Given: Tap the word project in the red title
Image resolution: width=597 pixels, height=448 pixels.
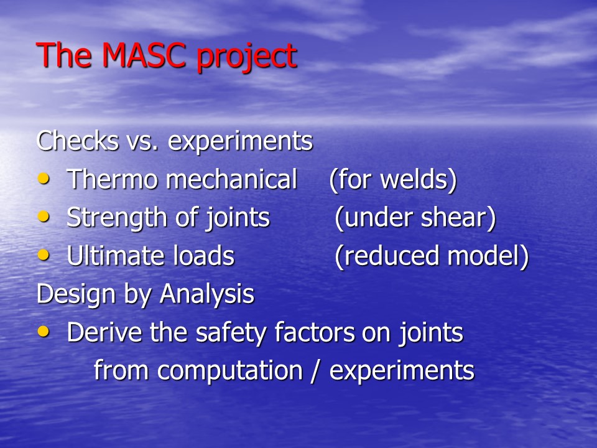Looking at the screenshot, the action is click(246, 57).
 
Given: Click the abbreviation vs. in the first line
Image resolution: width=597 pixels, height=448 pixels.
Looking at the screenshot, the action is click(142, 142).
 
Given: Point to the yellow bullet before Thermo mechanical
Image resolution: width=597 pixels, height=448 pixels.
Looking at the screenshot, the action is click(44, 179).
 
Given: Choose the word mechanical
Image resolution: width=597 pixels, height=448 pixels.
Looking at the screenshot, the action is click(231, 179).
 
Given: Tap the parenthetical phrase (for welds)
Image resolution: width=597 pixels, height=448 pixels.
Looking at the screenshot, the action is click(393, 179).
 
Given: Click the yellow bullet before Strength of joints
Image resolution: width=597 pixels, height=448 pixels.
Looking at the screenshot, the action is click(44, 217).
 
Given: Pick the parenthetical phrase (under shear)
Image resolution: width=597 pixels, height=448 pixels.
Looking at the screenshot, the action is click(415, 218).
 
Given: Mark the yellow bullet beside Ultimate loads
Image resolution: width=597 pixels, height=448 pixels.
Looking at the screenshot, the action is click(44, 255).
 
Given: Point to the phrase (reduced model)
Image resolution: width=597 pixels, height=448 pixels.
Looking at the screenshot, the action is click(432, 256).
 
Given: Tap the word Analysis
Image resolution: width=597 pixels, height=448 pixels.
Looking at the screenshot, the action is click(206, 294).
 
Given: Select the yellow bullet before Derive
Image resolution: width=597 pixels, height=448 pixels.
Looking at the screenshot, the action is click(44, 332).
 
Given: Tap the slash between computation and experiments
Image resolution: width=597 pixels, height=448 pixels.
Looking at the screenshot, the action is click(315, 370).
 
